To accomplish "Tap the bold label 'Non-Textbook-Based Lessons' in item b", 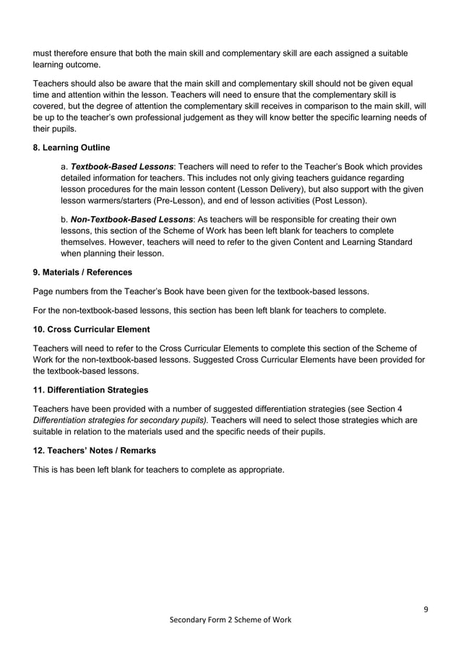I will pyautogui.click(x=132, y=219).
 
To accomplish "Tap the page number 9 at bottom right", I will pyautogui.click(x=426, y=608).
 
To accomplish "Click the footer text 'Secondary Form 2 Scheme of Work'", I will pyautogui.click(x=230, y=621).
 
